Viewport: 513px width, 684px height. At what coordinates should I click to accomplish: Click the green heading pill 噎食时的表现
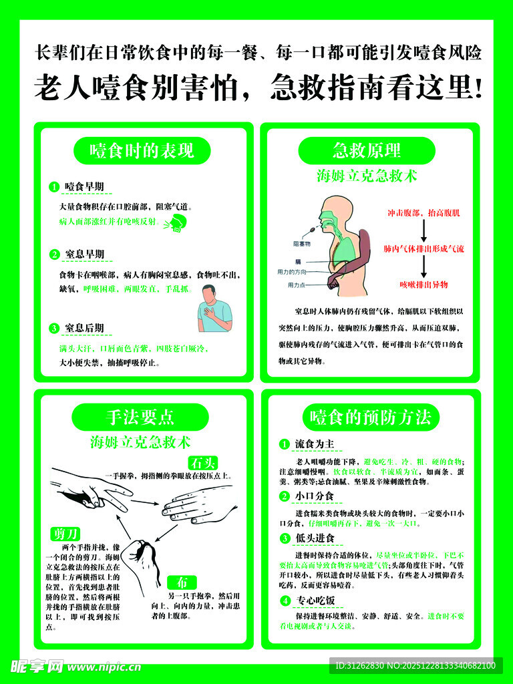pyautogui.click(x=142, y=151)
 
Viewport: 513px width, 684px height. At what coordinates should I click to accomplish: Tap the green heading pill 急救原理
pyautogui.click(x=366, y=150)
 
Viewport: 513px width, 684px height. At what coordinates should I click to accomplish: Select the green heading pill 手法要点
pyautogui.click(x=140, y=417)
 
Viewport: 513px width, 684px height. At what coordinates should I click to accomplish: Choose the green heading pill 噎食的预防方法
pyautogui.click(x=370, y=417)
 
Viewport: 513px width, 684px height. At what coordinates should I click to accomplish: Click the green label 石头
pyautogui.click(x=203, y=463)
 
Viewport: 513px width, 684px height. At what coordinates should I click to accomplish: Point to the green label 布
pyautogui.click(x=182, y=581)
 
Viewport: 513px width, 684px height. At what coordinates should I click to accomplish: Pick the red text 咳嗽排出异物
pyautogui.click(x=423, y=285)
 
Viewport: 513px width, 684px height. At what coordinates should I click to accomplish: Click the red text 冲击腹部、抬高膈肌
pyautogui.click(x=423, y=213)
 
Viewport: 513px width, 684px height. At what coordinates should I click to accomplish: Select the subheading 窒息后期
pyautogui.click(x=84, y=328)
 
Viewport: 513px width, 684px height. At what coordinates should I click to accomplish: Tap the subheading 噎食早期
pyautogui.click(x=84, y=186)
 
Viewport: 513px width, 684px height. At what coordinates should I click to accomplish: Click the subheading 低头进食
pyautogui.click(x=315, y=538)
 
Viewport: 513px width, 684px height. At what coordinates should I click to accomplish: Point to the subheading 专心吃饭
pyautogui.click(x=315, y=601)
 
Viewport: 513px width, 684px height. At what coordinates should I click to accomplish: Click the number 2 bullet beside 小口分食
pyautogui.click(x=285, y=496)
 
